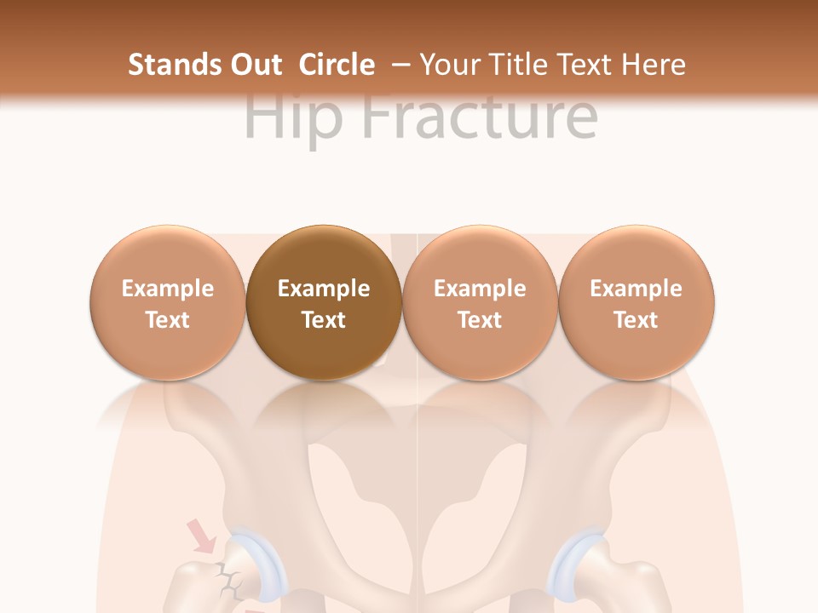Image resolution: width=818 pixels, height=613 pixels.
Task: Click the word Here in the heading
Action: [x=654, y=65]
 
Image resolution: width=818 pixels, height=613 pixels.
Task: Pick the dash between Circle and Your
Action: [x=403, y=66]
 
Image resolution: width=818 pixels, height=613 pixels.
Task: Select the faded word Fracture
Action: [x=481, y=117]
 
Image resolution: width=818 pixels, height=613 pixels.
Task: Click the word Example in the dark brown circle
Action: [x=324, y=289]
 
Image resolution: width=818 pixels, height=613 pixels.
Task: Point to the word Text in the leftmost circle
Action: [x=168, y=320]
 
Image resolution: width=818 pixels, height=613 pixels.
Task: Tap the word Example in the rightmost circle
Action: [x=636, y=289]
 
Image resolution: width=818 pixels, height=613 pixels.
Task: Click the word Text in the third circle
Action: [x=480, y=320]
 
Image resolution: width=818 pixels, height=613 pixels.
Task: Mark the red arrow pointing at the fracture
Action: [x=202, y=537]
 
